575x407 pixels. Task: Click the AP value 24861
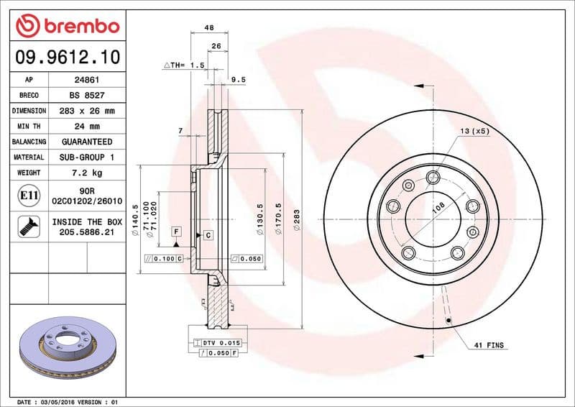coord(87,81)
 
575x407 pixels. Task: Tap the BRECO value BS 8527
coord(87,96)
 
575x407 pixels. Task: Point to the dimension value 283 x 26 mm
coord(87,111)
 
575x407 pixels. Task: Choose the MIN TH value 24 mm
coord(87,127)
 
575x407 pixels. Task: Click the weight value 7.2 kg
coord(87,173)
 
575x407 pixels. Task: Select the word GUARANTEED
coord(87,142)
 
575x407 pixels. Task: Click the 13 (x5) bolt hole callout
coord(475,131)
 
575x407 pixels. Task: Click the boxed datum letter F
coord(175,231)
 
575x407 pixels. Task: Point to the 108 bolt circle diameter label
coord(436,209)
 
